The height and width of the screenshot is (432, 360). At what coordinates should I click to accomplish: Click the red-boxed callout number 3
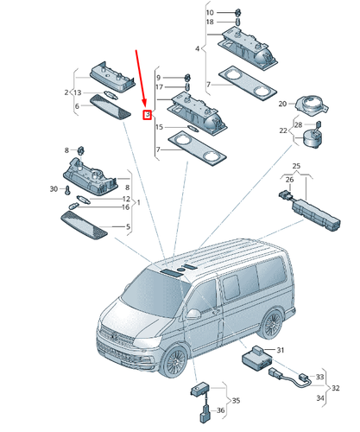(147, 114)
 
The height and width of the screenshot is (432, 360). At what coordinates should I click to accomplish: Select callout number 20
(282, 104)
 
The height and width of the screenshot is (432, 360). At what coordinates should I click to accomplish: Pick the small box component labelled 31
(256, 358)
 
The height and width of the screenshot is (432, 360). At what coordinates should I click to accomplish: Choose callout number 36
(221, 412)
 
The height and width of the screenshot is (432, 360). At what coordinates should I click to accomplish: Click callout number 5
(127, 227)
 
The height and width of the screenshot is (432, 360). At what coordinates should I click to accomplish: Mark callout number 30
(54, 188)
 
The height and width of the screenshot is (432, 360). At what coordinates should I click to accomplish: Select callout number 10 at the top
(209, 12)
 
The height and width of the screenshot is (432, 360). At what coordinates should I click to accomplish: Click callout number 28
(299, 124)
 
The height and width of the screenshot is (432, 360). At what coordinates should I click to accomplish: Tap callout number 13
(77, 92)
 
